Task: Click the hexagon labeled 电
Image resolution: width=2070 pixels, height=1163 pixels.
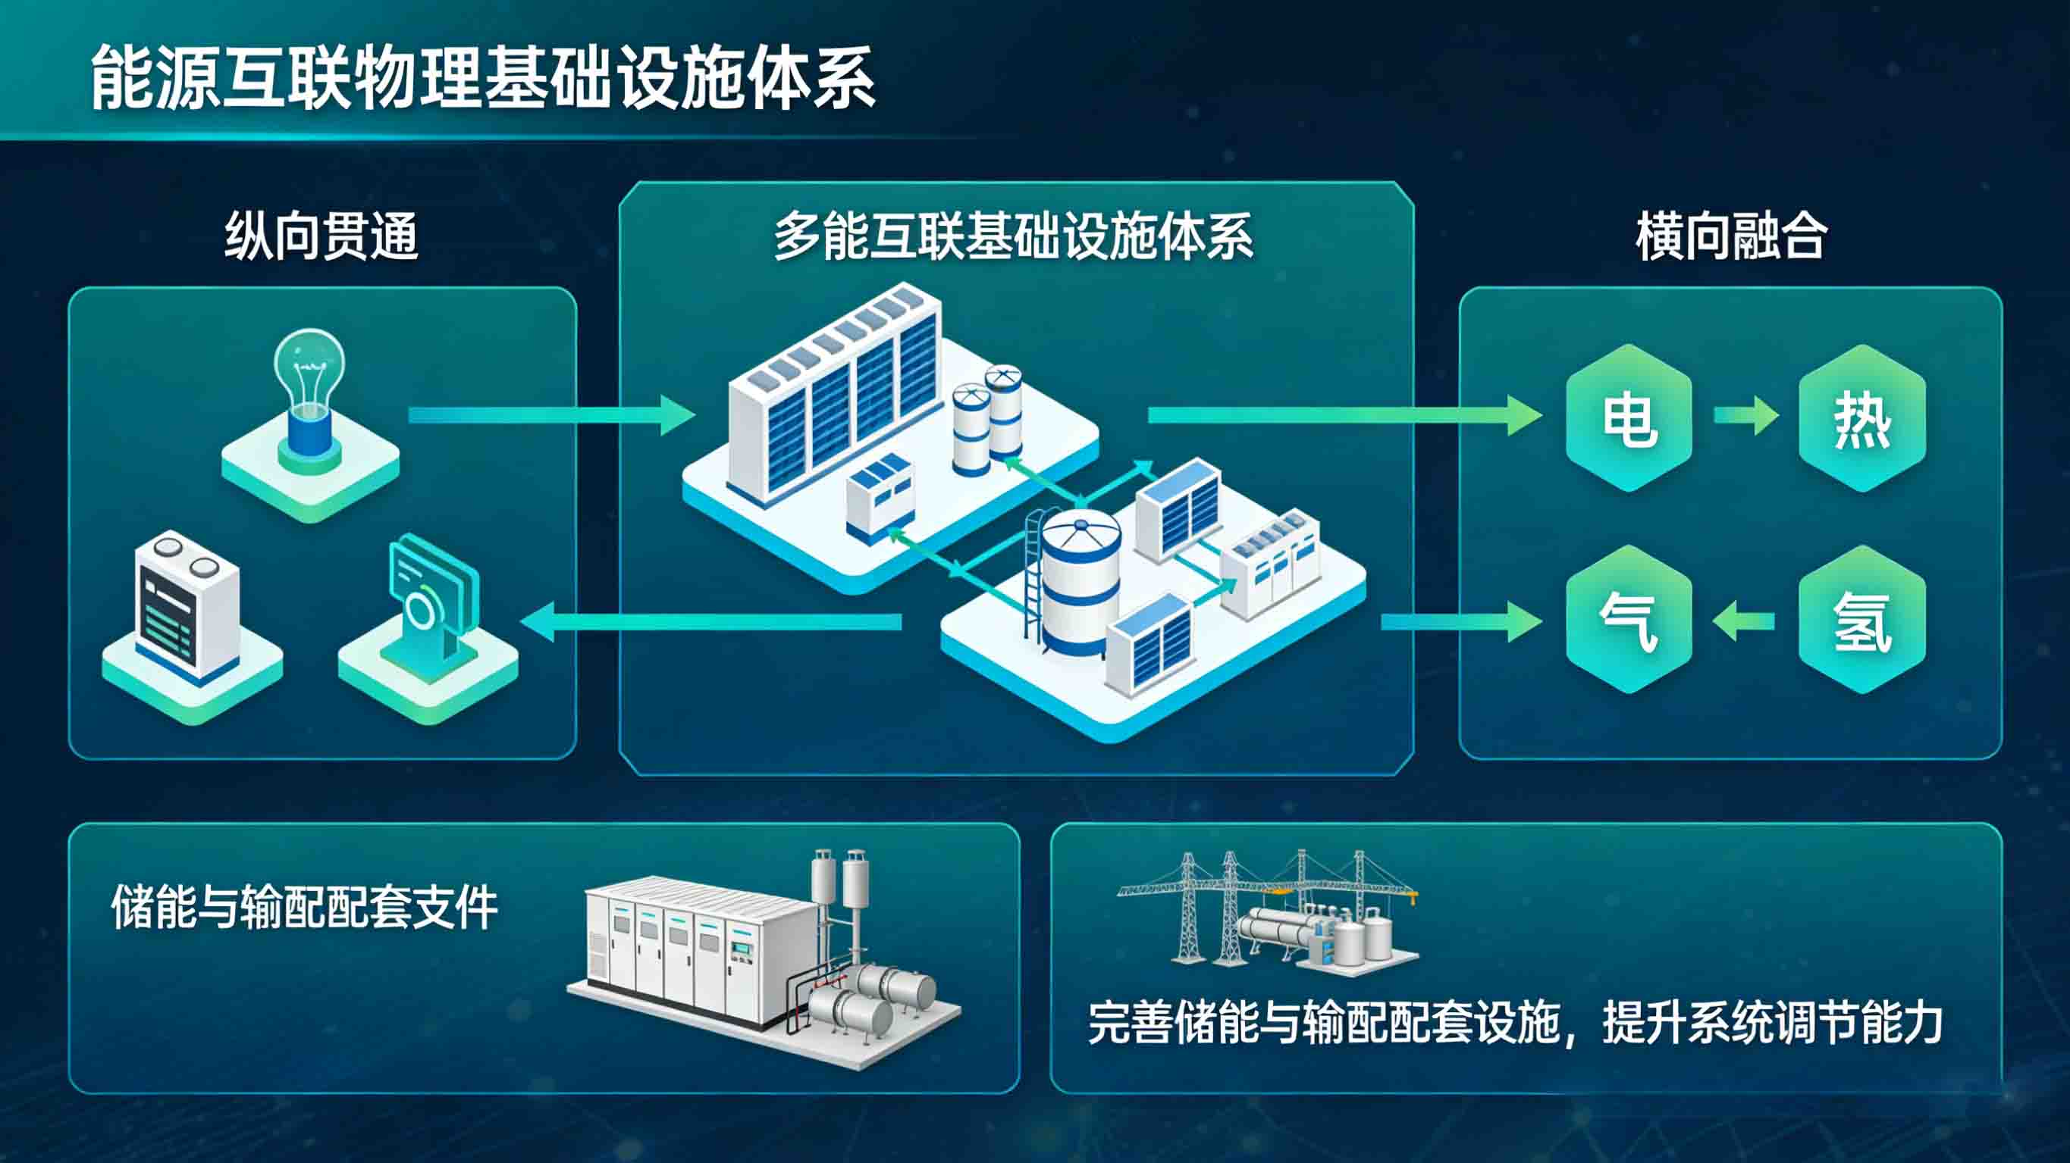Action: [1629, 417]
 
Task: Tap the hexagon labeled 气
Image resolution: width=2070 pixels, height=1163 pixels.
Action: [1629, 620]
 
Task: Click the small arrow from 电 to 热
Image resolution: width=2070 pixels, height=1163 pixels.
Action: [1745, 415]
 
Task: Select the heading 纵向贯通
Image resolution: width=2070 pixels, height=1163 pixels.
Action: [321, 236]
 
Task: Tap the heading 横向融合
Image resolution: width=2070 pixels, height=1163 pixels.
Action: [1732, 236]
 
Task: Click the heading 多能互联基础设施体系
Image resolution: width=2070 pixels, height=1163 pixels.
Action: [1013, 236]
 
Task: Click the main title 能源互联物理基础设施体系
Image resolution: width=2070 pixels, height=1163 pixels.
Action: [482, 78]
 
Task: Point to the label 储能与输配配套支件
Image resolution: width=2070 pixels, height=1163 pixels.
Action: [305, 907]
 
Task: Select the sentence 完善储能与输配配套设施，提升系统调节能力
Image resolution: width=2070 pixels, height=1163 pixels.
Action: [1515, 1022]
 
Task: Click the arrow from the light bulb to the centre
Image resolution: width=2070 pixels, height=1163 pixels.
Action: [551, 414]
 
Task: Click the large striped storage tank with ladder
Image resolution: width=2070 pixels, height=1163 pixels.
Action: [1077, 583]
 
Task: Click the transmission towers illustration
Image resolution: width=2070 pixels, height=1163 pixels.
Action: [1266, 911]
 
